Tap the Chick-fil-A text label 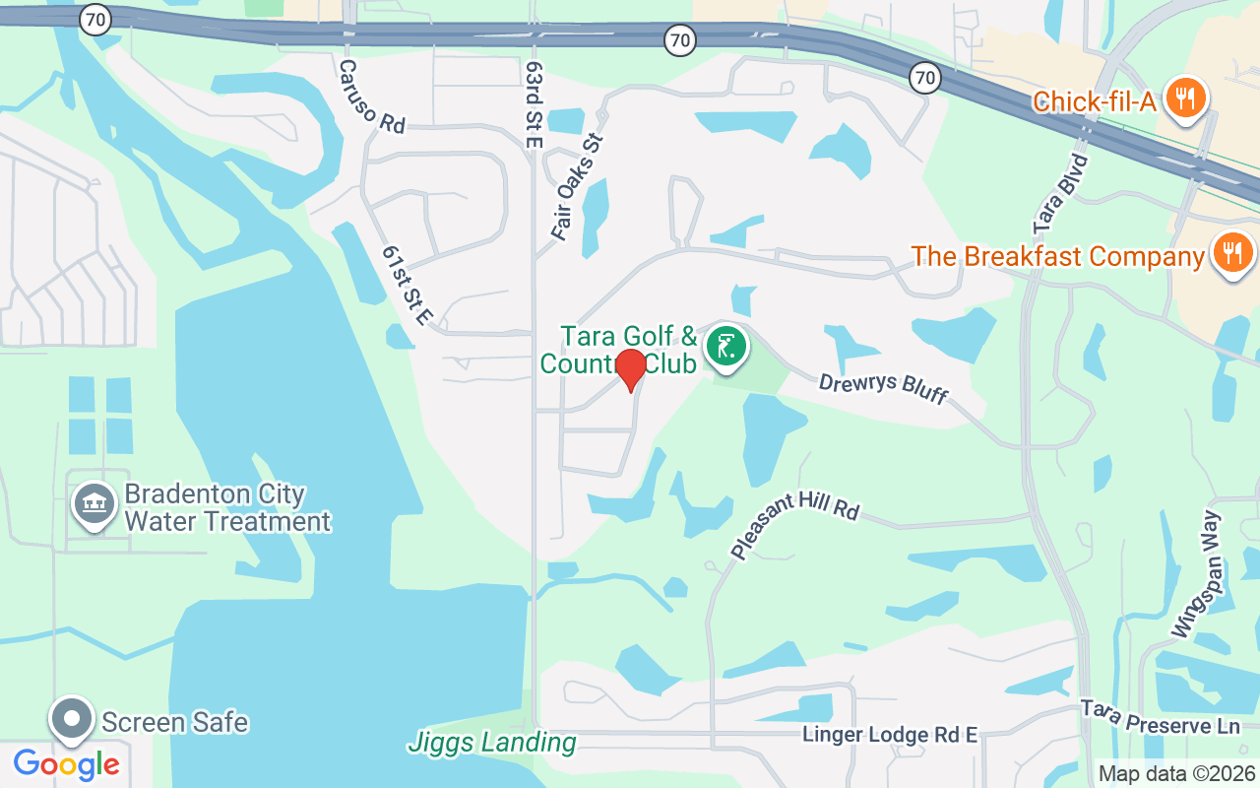[1094, 100]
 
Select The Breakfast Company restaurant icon [1231, 254]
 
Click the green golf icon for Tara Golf [725, 347]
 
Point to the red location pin [630, 369]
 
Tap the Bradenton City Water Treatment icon [94, 504]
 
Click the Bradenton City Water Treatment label [227, 507]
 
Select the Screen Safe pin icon [72, 720]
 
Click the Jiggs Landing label [491, 742]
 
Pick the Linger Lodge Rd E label [889, 735]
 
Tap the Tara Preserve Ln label [1160, 717]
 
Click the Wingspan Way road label [1198, 573]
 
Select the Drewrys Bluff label [882, 386]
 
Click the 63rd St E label [535, 103]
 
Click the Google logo [66, 764]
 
